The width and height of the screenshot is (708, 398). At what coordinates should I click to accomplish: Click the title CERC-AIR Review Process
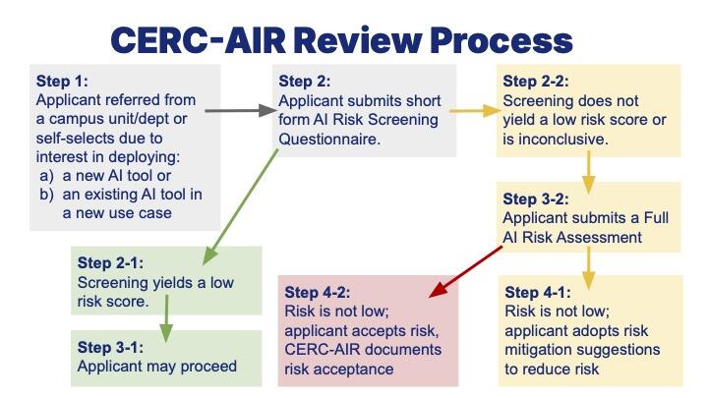tap(342, 40)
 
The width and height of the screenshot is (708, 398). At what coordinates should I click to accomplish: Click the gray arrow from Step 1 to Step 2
tap(241, 110)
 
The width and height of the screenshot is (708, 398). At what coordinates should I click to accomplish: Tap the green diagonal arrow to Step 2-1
tap(241, 206)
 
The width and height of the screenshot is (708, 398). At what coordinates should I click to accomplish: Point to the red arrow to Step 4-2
tap(465, 271)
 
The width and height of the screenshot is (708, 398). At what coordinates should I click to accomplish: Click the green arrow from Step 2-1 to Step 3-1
tap(166, 318)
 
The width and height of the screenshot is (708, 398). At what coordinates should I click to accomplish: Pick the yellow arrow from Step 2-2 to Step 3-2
tap(588, 172)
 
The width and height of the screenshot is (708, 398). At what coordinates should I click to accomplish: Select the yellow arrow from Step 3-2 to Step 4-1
tap(588, 268)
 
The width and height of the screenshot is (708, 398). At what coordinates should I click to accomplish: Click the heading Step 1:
tap(62, 82)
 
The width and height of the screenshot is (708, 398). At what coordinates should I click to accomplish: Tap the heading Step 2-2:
tap(536, 82)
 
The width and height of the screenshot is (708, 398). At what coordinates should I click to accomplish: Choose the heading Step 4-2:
tap(318, 293)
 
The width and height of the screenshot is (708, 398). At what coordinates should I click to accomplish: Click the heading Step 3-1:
tap(110, 348)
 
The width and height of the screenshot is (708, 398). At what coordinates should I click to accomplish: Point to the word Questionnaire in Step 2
tap(329, 139)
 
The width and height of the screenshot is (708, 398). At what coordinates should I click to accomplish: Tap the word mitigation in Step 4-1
tap(538, 350)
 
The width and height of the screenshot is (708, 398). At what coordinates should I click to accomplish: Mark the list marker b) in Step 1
tap(46, 195)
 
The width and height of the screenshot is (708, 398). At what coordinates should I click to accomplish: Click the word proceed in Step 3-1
tap(208, 367)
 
